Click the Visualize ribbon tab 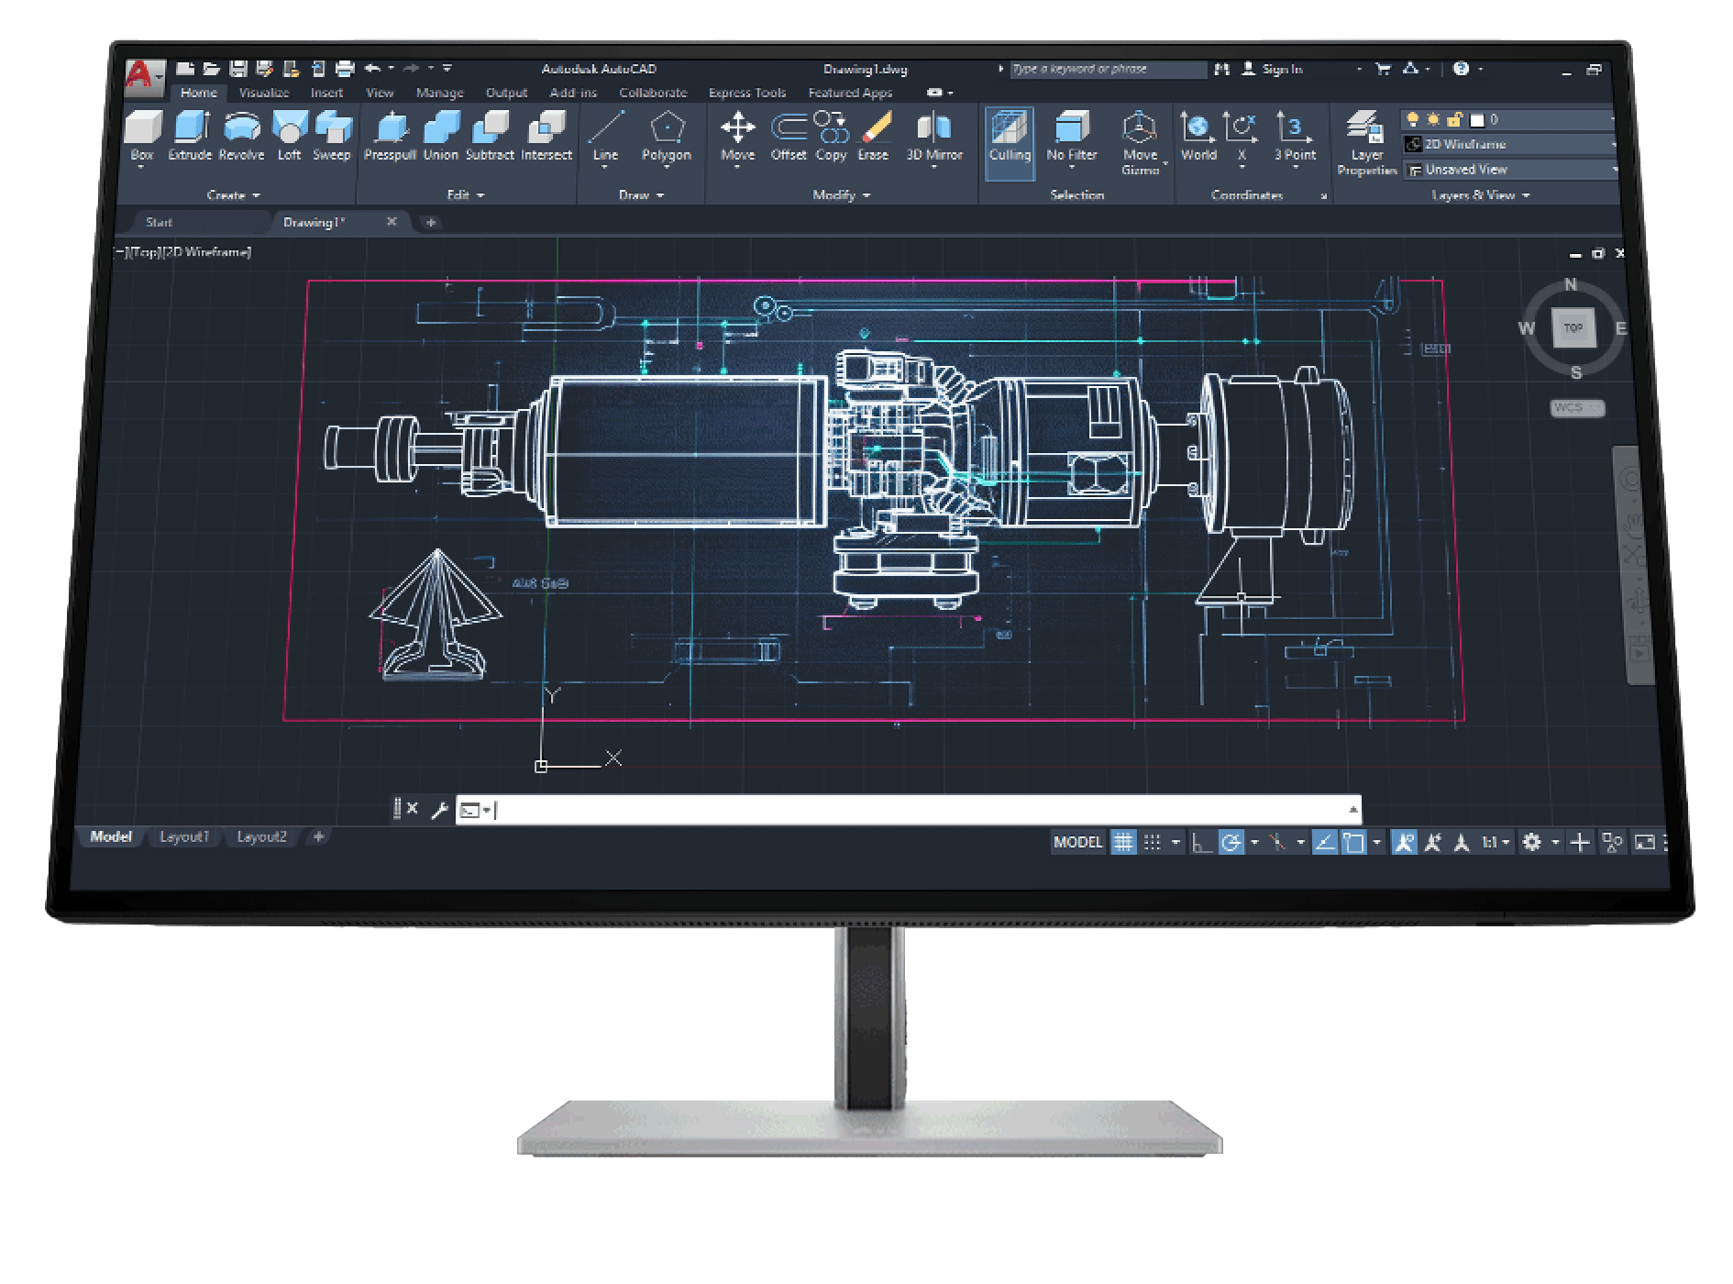(264, 93)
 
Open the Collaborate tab (653, 93)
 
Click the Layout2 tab (261, 836)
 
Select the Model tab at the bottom (111, 836)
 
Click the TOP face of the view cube (1573, 327)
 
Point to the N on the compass (1571, 285)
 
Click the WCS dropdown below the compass (1577, 407)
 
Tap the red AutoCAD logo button (141, 73)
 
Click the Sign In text (1282, 69)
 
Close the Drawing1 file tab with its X (392, 222)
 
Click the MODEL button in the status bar (1077, 842)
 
